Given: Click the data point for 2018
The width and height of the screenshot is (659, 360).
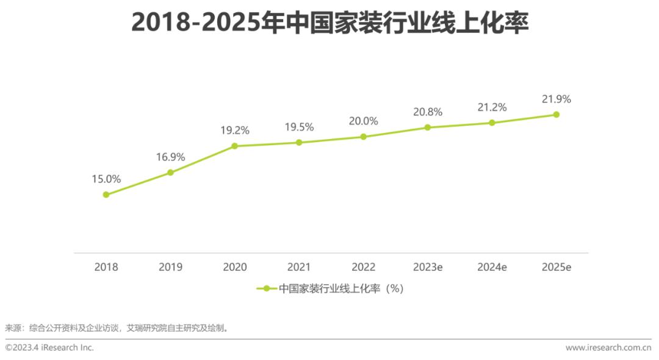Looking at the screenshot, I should pyautogui.click(x=106, y=195).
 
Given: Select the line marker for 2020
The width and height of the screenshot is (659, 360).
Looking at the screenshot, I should pyautogui.click(x=234, y=146).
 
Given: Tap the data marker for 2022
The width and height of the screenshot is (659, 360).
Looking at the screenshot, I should pyautogui.click(x=363, y=137).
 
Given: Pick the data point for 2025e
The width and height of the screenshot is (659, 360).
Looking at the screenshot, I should pyautogui.click(x=556, y=114).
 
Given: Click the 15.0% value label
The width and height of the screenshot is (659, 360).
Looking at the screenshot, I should pyautogui.click(x=106, y=179).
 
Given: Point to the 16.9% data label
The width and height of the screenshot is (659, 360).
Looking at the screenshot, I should pyautogui.click(x=170, y=157).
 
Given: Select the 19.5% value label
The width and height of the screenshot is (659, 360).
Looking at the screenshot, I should pyautogui.click(x=299, y=128).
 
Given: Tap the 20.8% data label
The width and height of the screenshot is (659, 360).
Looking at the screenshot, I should pyautogui.click(x=427, y=112).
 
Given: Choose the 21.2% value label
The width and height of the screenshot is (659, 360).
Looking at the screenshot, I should pyautogui.click(x=492, y=107).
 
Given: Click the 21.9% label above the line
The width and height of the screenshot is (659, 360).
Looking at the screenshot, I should pyautogui.click(x=556, y=99).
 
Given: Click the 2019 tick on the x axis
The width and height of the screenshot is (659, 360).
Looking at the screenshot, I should pyautogui.click(x=170, y=267).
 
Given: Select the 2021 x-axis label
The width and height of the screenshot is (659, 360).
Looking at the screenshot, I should pyautogui.click(x=299, y=267).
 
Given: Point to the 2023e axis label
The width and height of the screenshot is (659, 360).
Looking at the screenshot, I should pyautogui.click(x=427, y=267).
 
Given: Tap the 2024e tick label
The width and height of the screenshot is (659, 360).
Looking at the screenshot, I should pyautogui.click(x=492, y=267).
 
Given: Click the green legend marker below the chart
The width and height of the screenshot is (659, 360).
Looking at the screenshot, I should pyautogui.click(x=266, y=289).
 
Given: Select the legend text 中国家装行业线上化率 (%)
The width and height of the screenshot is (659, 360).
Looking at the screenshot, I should pyautogui.click(x=341, y=289).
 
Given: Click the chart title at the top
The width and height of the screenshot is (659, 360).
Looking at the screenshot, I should pyautogui.click(x=329, y=23).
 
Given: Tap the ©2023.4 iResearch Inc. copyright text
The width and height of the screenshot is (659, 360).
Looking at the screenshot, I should pyautogui.click(x=49, y=347).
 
